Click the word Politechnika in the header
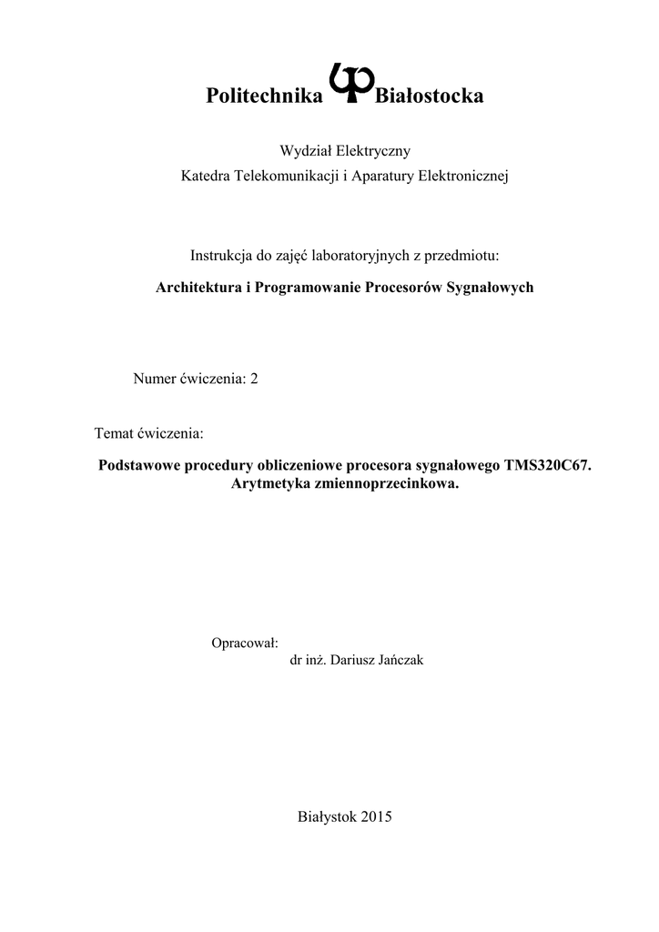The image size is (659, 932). click(x=265, y=96)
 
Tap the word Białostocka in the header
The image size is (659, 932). click(x=429, y=96)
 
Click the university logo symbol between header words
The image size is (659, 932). click(x=349, y=84)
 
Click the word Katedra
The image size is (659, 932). click(x=207, y=175)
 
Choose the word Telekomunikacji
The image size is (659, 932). click(x=287, y=175)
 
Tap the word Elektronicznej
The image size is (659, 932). click(x=464, y=175)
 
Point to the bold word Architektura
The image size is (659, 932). click(x=199, y=288)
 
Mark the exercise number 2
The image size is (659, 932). click(x=254, y=379)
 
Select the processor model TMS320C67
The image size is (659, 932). click(x=546, y=466)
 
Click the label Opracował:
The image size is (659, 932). click(x=244, y=643)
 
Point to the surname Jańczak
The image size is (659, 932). click(x=398, y=661)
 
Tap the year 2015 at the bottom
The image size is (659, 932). click(x=376, y=816)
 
